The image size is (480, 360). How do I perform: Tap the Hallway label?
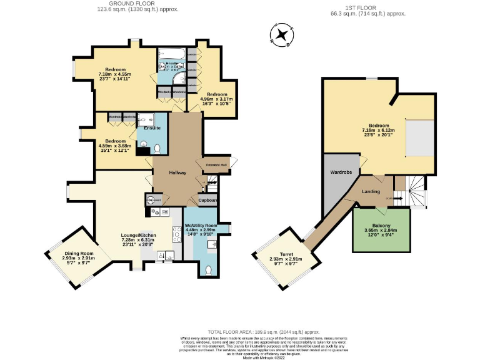177,172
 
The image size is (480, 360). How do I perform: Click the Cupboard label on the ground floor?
207,201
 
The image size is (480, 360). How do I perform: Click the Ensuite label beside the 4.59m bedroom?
152,128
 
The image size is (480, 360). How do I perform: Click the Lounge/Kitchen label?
138,235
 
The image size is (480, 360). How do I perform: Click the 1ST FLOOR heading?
377,7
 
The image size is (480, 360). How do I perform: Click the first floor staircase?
412,189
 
